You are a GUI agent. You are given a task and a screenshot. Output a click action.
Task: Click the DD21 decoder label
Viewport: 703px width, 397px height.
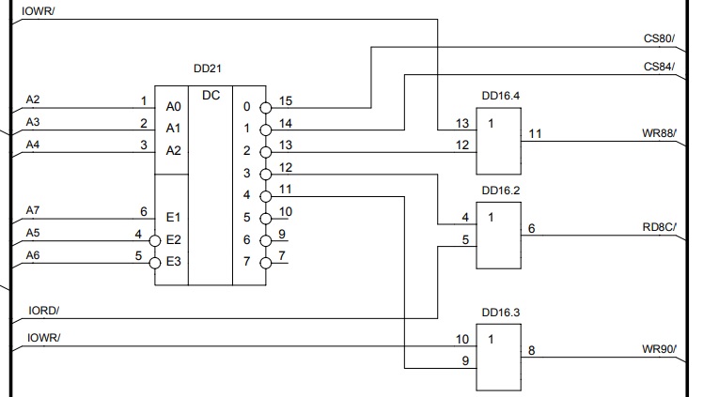pos(208,69)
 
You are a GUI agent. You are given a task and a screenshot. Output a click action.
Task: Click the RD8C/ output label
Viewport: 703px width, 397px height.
pos(660,226)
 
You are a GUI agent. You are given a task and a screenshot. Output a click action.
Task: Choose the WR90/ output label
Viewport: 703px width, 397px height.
pos(660,349)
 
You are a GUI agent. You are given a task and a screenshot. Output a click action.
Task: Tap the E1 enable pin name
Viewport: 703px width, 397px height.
pos(173,217)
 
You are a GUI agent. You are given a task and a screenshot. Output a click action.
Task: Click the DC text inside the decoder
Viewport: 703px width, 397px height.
pos(211,96)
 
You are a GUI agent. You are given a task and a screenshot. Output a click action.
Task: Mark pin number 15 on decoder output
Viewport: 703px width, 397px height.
pos(286,99)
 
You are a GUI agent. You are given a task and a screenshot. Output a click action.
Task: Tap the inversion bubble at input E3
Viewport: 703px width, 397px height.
pos(156,262)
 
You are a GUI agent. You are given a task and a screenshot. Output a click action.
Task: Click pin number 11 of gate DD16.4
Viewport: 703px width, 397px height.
pos(535,134)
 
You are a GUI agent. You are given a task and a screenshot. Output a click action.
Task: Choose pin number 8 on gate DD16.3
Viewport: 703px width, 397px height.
pos(532,350)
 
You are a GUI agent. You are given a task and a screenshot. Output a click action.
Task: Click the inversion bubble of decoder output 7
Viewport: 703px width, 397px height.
pos(266,262)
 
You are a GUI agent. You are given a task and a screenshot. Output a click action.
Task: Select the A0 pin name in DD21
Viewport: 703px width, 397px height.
pos(173,108)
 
